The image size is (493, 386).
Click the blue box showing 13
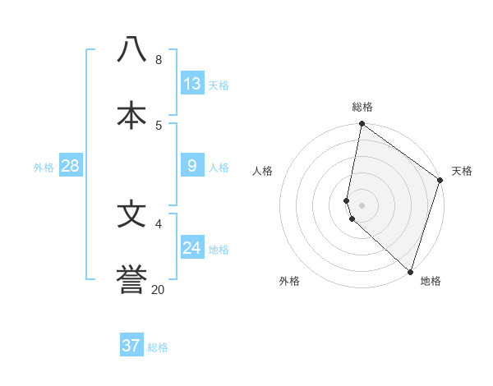pyautogui.click(x=192, y=84)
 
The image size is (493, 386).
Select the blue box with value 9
pyautogui.click(x=192, y=167)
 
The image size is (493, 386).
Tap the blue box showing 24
pyautogui.click(x=192, y=248)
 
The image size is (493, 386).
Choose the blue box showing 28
pyautogui.click(x=71, y=166)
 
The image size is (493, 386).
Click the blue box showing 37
pyautogui.click(x=131, y=346)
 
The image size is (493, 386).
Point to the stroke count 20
pyautogui.click(x=158, y=289)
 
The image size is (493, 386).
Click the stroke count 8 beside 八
pyautogui.click(x=159, y=60)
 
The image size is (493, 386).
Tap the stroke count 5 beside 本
pyautogui.click(x=159, y=126)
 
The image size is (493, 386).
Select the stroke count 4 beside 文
pyautogui.click(x=159, y=223)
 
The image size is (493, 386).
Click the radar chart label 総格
pyautogui.click(x=362, y=107)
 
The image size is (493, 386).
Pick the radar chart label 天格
pyautogui.click(x=462, y=171)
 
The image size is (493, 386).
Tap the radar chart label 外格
pyautogui.click(x=289, y=281)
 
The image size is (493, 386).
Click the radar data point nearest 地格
pyautogui.click(x=410, y=271)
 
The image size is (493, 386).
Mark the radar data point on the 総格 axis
pyautogui.click(x=362, y=125)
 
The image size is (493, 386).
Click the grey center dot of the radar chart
pyautogui.click(x=362, y=204)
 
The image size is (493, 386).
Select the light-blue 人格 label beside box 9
pyautogui.click(x=219, y=168)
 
